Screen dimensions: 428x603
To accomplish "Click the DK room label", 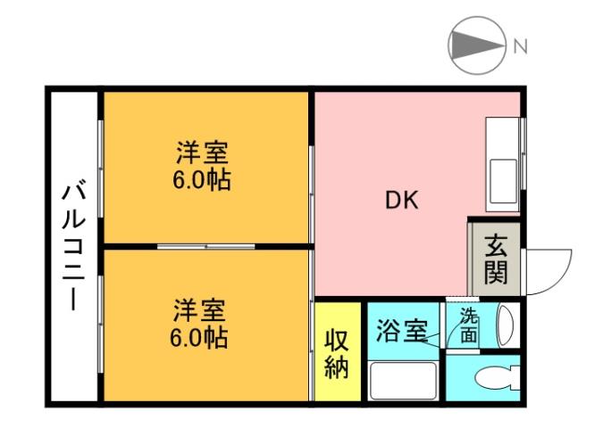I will pyautogui.click(x=401, y=202).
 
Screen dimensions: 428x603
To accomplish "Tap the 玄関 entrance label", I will pyautogui.click(x=496, y=259).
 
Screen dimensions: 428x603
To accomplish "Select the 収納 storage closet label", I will pyautogui.click(x=336, y=353).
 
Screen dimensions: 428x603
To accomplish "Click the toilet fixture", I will pyautogui.click(x=497, y=377).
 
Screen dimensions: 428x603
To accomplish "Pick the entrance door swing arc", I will pyautogui.click(x=549, y=267).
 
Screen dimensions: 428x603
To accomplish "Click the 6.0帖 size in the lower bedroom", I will pyautogui.click(x=200, y=340).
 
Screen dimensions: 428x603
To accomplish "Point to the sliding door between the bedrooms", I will pyautogui.click(x=207, y=245).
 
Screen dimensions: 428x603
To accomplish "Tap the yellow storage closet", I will pyautogui.click(x=337, y=353).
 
